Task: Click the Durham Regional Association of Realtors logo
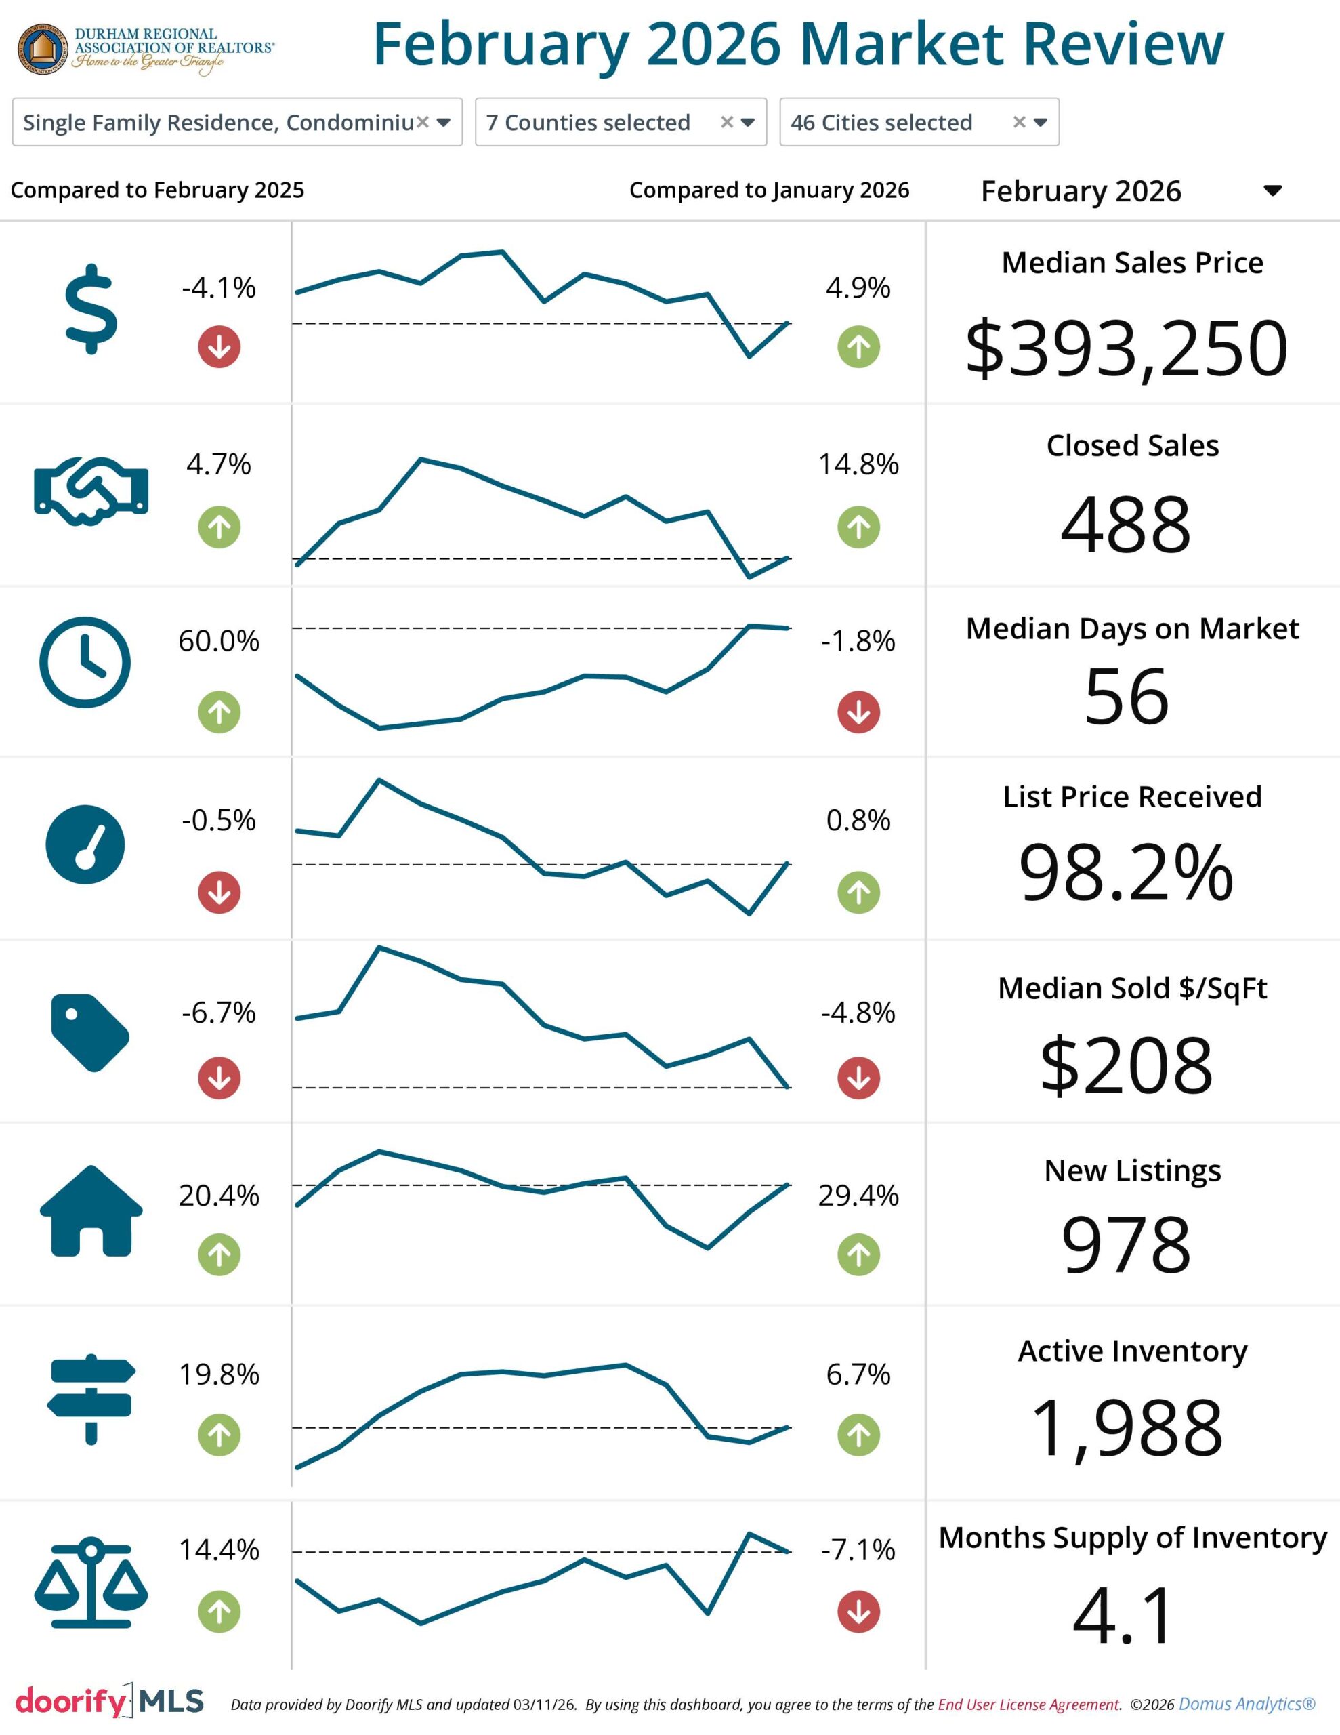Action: point(146,49)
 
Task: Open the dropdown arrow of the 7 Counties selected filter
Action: point(747,123)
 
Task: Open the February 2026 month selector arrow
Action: point(1272,190)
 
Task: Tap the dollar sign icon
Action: point(91,309)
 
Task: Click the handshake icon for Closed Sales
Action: point(91,491)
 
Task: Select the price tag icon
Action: point(89,1032)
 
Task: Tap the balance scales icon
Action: point(91,1583)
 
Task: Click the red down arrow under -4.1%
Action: point(219,347)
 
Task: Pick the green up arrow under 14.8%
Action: point(858,527)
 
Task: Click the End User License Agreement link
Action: point(1028,1704)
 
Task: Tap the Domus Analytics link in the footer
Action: point(1247,1704)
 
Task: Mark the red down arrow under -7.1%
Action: point(858,1612)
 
